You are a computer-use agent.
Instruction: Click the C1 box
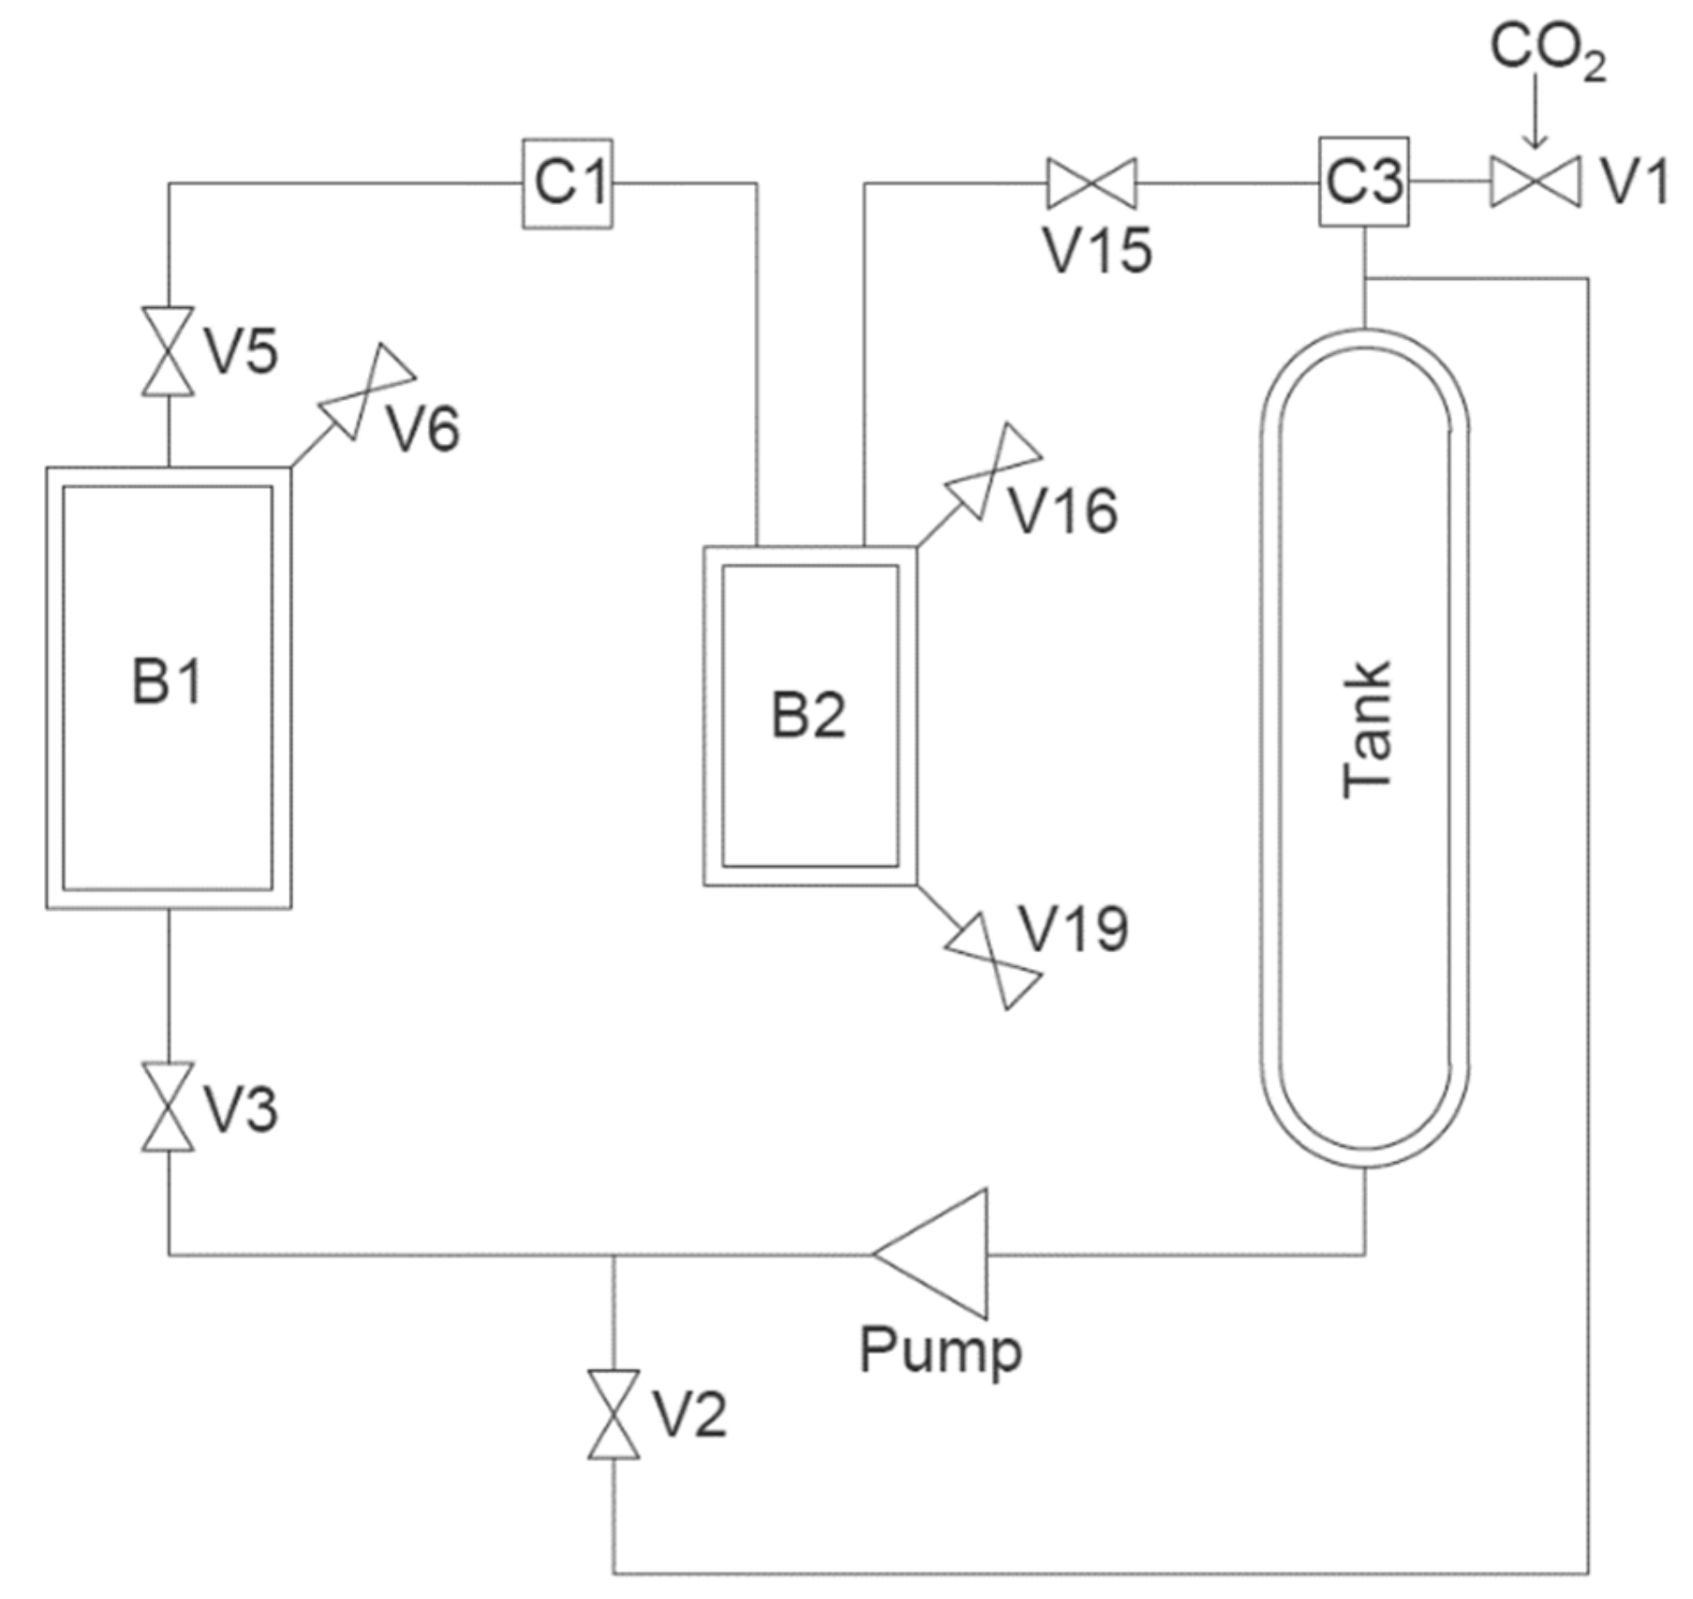(567, 183)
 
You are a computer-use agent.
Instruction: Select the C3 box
(1363, 182)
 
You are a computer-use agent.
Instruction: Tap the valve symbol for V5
(169, 351)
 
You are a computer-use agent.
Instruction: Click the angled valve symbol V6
(368, 392)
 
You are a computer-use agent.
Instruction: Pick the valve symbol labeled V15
(1091, 183)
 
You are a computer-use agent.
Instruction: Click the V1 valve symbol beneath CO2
(1535, 182)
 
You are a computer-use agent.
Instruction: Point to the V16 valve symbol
(994, 471)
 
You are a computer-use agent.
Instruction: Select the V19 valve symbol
(994, 961)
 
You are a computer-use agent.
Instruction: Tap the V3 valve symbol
(169, 1107)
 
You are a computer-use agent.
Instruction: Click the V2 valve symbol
(614, 1415)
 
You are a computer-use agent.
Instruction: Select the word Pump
(940, 1351)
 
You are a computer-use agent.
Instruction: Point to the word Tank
(1367, 730)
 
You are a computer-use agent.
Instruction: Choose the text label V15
(1097, 250)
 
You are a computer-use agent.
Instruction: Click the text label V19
(1073, 929)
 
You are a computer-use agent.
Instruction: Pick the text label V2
(689, 1415)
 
